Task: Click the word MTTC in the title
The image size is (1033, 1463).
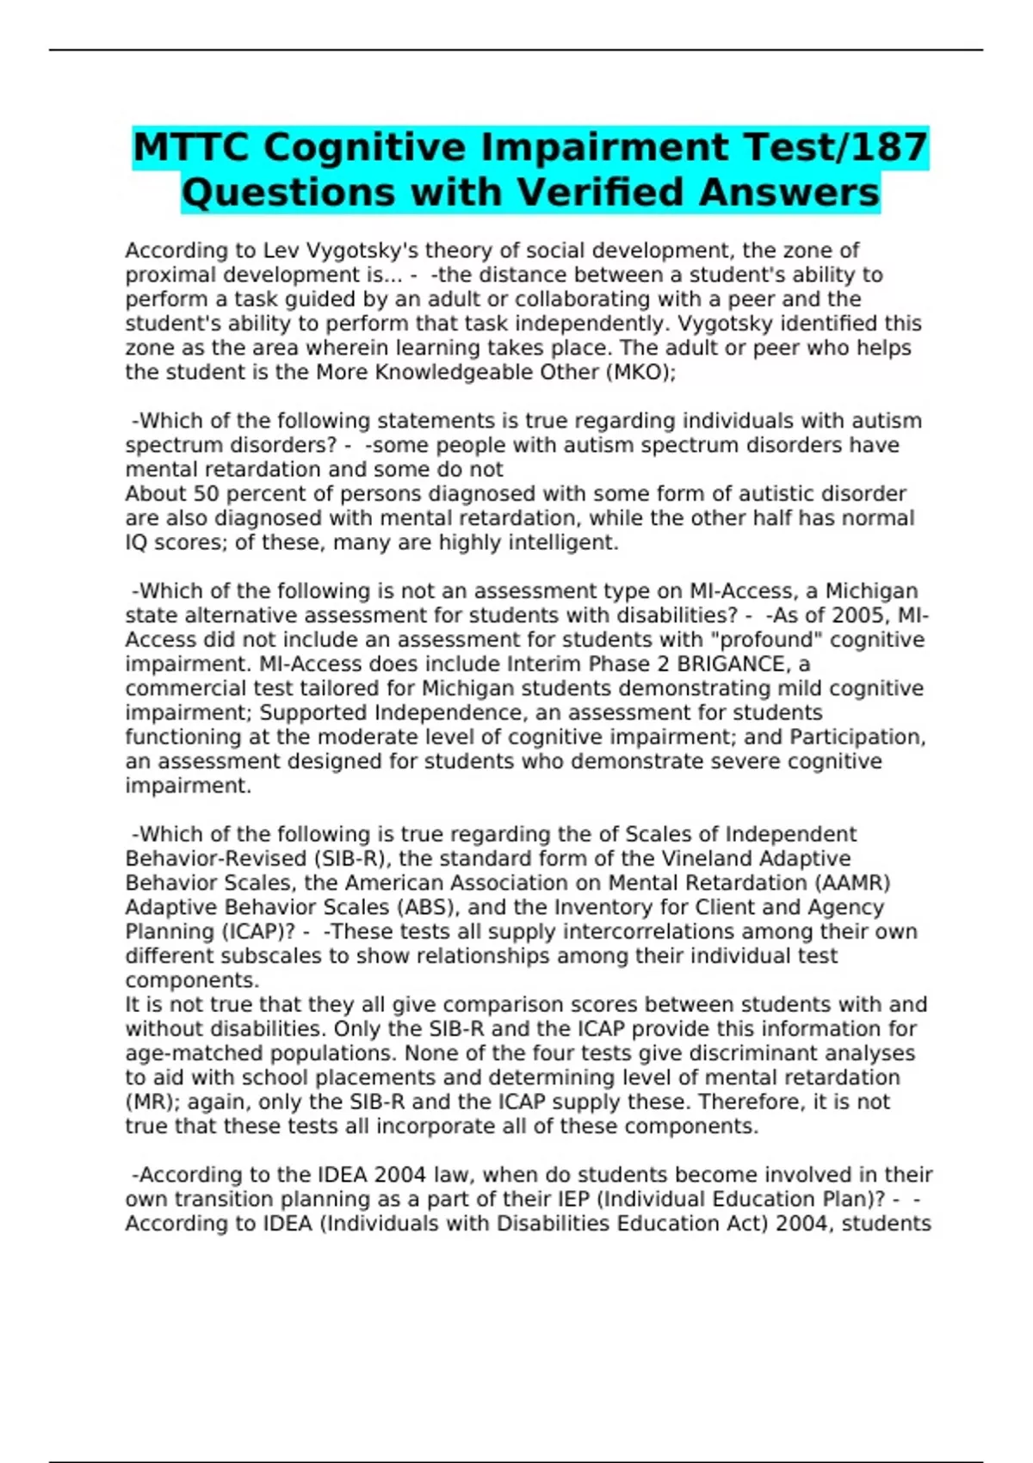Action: (191, 147)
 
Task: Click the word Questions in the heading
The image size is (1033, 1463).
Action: (289, 192)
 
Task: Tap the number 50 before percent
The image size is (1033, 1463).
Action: (207, 494)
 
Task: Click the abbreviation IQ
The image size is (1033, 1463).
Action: (137, 542)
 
